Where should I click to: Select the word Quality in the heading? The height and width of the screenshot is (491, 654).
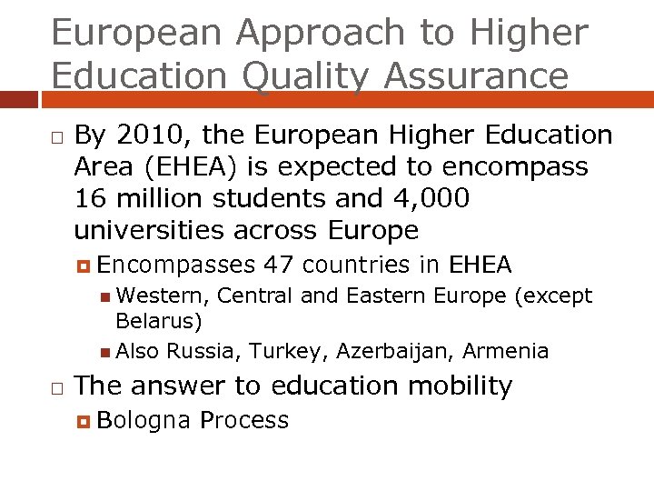pyautogui.click(x=307, y=76)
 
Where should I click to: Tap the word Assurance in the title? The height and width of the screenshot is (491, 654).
pyautogui.click(x=476, y=76)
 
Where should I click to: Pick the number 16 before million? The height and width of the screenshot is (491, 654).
pyautogui.click(x=92, y=198)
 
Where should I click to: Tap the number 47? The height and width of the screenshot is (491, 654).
pyautogui.click(x=278, y=266)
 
